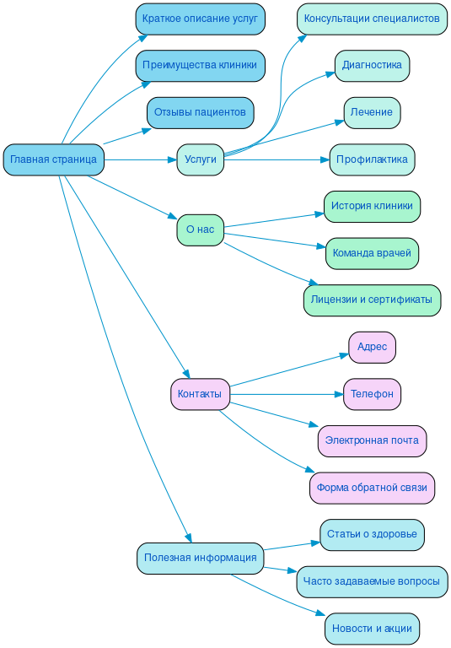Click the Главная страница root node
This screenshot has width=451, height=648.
(x=53, y=159)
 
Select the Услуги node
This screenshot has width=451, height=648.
(x=200, y=159)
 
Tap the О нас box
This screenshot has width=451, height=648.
(x=200, y=229)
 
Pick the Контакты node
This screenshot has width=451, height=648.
(x=200, y=394)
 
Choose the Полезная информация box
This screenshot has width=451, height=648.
(x=200, y=558)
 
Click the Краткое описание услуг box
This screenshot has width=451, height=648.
(x=200, y=19)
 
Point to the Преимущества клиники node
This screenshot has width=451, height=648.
(x=200, y=66)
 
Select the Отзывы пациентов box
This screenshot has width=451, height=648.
(x=200, y=112)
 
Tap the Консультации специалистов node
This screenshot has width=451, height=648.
(x=372, y=19)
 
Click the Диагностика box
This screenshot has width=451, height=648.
(x=372, y=66)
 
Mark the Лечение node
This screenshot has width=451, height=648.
(x=372, y=112)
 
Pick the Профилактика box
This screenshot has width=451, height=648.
(x=372, y=159)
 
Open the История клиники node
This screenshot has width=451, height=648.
(x=372, y=206)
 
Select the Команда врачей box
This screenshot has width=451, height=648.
(x=372, y=253)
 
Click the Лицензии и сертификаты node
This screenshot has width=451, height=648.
(x=372, y=300)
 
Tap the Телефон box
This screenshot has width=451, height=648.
(x=372, y=394)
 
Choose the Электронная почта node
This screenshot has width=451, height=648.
(x=372, y=440)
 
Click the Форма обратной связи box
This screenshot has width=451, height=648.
(x=372, y=488)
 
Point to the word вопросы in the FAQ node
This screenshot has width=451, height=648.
(x=417, y=581)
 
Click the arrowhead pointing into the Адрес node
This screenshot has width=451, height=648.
(x=344, y=355)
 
